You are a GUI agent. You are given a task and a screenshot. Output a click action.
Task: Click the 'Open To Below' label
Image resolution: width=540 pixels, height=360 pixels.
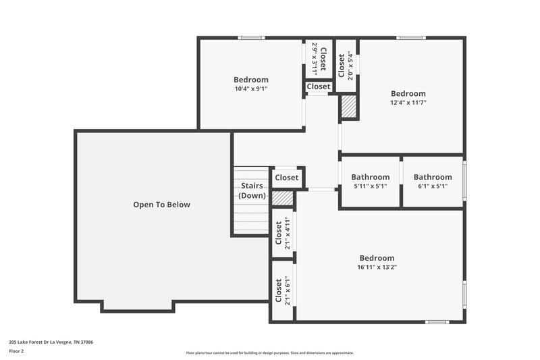pos(161,205)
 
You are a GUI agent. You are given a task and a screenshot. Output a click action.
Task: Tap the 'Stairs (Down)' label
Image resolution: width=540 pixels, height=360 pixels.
pos(252,190)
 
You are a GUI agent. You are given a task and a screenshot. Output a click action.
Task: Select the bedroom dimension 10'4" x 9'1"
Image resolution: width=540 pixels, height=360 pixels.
pos(251,88)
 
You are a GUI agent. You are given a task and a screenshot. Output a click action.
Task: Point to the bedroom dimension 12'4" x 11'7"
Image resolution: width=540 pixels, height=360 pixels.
pos(408,103)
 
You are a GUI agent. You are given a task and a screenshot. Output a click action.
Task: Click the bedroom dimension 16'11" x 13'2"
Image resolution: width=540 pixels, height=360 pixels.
pos(377,267)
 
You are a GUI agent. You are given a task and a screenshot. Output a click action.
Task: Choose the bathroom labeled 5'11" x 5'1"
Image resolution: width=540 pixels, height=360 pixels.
pos(370,186)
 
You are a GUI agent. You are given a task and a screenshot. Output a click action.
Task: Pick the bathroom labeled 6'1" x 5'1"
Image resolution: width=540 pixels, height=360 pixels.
pos(433,186)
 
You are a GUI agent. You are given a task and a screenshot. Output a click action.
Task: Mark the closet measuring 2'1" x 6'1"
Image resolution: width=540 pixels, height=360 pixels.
pos(282,292)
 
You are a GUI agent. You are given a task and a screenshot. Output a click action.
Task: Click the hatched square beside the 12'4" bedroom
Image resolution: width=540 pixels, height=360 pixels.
pos(348,107)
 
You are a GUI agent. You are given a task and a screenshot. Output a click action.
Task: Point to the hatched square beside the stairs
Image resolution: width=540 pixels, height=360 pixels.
pos(283,197)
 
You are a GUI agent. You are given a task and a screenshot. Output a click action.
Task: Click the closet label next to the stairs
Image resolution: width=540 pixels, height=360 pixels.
pos(287,178)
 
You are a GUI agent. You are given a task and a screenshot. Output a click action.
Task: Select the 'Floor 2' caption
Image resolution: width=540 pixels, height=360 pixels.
pos(17,352)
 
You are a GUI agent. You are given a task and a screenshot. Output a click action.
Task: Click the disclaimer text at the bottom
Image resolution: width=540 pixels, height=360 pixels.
pos(270,353)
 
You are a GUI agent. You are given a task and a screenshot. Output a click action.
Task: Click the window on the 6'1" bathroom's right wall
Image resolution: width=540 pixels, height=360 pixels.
pos(464,181)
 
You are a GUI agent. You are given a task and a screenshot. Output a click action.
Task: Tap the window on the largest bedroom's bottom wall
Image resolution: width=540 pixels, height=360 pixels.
pos(437,322)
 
